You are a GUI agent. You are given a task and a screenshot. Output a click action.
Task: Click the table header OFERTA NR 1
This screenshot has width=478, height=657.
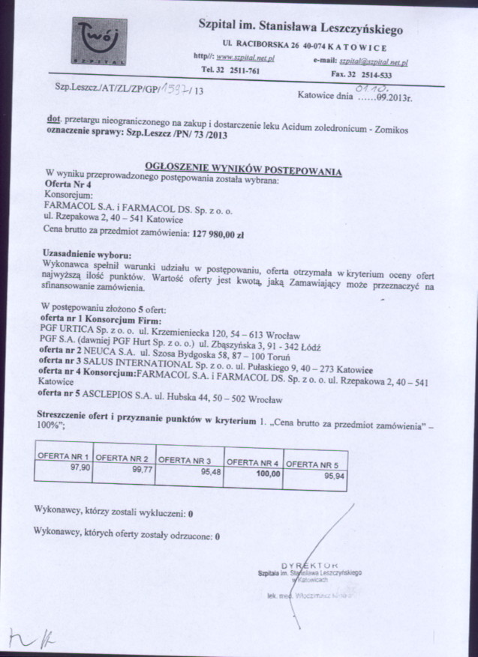66,456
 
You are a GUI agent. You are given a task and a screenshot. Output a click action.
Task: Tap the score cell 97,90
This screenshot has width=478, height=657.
79,467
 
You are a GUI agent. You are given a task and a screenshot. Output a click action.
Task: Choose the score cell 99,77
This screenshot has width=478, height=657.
143,470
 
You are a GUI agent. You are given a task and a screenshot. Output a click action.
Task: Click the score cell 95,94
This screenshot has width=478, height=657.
333,476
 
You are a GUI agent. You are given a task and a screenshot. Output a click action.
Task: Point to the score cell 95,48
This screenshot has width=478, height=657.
205,472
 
